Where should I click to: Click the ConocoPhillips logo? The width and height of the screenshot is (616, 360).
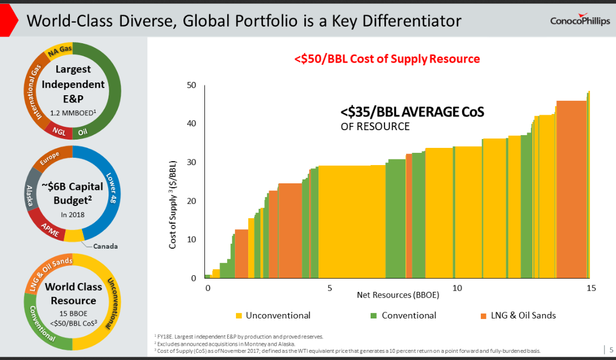pyautogui.click(x=579, y=20)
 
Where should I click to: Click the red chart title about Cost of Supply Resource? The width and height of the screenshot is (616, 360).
pyautogui.click(x=387, y=59)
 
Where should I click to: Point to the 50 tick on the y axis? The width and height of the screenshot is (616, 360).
pyautogui.click(x=192, y=85)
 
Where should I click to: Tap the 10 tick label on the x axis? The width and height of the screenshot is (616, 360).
pyautogui.click(x=457, y=288)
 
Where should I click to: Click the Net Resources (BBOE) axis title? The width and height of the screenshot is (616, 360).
pyautogui.click(x=398, y=295)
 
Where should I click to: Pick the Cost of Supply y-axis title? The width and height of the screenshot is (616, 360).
pyautogui.click(x=173, y=205)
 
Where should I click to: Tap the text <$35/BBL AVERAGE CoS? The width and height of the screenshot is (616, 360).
pyautogui.click(x=412, y=112)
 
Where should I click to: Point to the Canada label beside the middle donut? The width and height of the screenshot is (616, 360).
pyautogui.click(x=105, y=246)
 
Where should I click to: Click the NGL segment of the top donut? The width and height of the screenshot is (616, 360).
pyautogui.click(x=59, y=131)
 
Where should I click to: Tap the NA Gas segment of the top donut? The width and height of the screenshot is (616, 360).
pyautogui.click(x=60, y=52)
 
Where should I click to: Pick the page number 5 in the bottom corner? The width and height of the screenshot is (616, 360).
pyautogui.click(x=611, y=349)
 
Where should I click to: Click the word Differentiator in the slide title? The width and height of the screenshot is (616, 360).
pyautogui.click(x=403, y=21)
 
